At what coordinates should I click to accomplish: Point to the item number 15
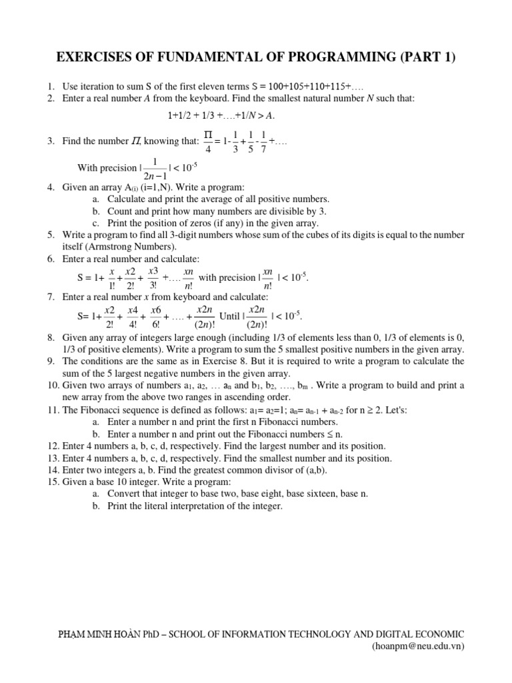tap(53, 482)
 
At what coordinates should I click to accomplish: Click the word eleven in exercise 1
tap(203, 87)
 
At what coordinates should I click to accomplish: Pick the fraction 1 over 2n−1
tap(155, 168)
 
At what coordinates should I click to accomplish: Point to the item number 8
tap(51, 337)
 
